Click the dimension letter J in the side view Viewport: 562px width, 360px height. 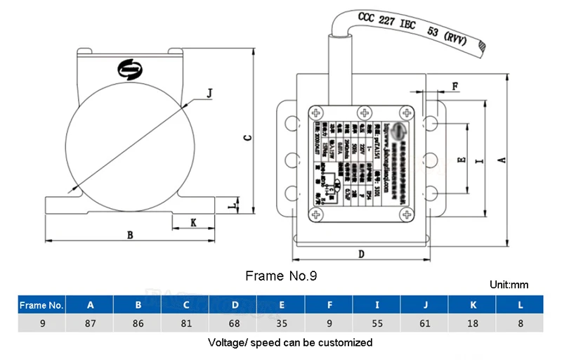(211, 91)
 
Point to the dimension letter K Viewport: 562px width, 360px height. (192, 222)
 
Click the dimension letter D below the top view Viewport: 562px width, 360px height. (360, 253)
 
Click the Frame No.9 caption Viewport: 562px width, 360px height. (281, 276)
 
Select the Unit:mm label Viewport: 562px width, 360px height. (508, 285)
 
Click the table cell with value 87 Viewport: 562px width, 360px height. (90, 324)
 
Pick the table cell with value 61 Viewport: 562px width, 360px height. (424, 324)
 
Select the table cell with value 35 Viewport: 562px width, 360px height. (281, 324)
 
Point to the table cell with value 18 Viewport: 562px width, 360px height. (472, 324)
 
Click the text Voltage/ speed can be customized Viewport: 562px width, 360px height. (290, 343)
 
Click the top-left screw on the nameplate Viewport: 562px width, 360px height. (320, 112)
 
